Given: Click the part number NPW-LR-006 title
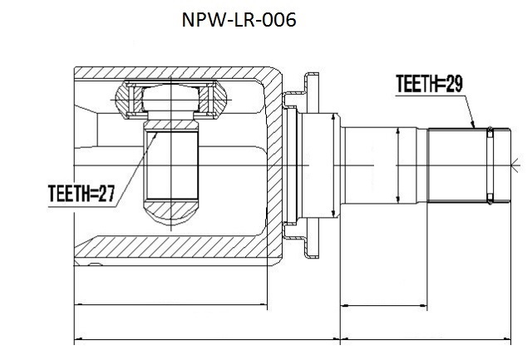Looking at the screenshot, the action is tap(239, 20).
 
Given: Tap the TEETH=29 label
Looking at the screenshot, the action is tap(429, 83).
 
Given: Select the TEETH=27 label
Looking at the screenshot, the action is tap(81, 194).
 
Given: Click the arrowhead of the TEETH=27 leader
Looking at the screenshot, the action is tap(155, 136).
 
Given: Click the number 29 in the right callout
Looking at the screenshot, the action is tap(454, 83).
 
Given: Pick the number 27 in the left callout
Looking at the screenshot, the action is tap(107, 194).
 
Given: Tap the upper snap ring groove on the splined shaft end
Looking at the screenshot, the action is tap(490, 132).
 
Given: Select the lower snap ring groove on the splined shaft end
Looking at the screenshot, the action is tap(490, 199).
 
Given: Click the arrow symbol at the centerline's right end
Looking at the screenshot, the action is tap(515, 165).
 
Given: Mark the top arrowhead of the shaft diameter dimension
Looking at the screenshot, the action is tap(398, 131).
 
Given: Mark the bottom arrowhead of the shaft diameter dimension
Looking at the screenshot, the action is tap(398, 200).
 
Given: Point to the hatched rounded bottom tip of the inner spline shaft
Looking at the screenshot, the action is tap(170, 211).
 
